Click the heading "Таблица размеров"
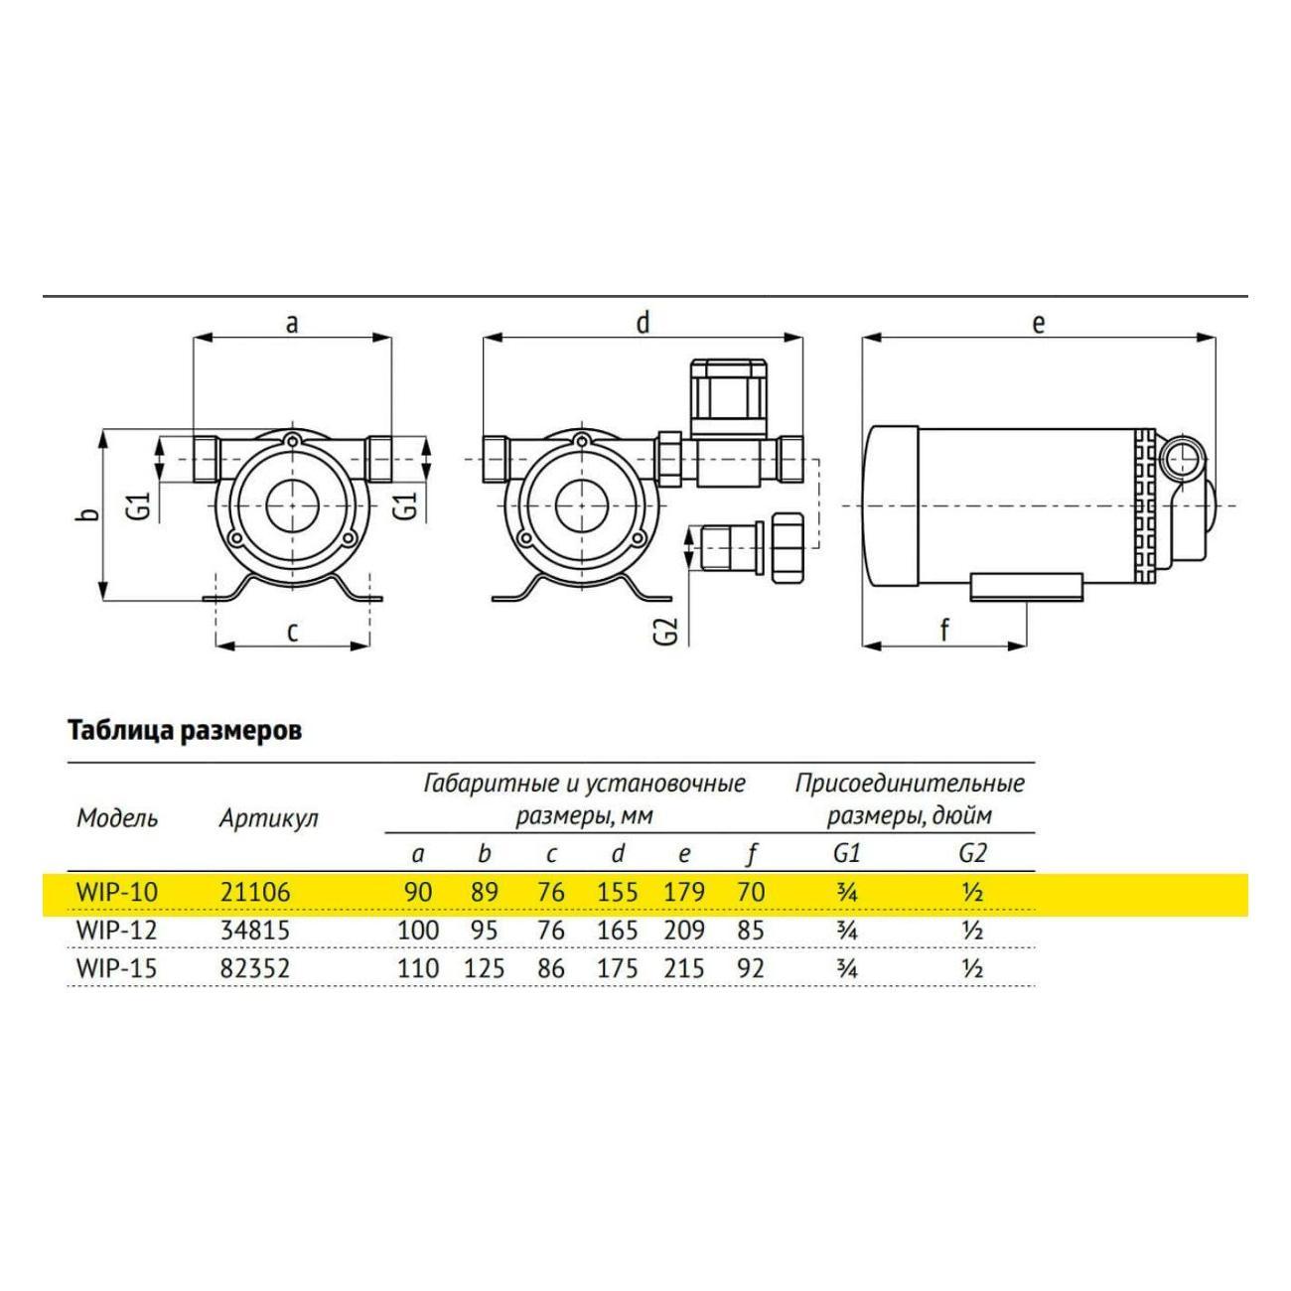tap(185, 730)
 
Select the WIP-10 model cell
tap(118, 893)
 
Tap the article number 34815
tap(255, 931)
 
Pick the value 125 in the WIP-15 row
tap(484, 969)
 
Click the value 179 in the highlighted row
tap(684, 893)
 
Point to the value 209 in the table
tap(684, 931)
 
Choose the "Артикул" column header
tap(269, 818)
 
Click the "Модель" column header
tap(117, 818)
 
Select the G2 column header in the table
tap(973, 853)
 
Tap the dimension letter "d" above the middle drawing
tap(644, 323)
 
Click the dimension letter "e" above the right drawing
tap(1038, 325)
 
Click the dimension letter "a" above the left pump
tap(292, 325)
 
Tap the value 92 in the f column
tap(751, 969)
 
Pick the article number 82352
tap(255, 969)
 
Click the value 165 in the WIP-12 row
tap(618, 931)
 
